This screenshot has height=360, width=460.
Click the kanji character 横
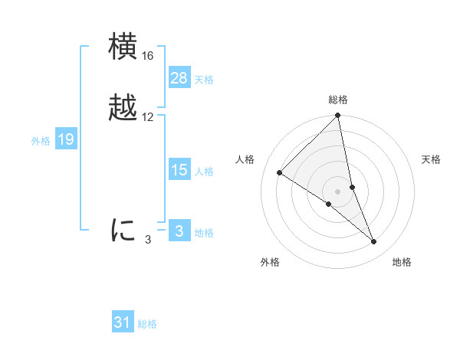(123, 47)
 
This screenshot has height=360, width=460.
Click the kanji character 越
(123, 108)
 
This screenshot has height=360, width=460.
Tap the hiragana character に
(123, 230)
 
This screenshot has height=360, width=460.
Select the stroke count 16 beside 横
(148, 56)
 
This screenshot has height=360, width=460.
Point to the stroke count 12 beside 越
(148, 117)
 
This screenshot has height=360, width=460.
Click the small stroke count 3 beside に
(148, 240)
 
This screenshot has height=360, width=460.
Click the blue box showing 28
(179, 78)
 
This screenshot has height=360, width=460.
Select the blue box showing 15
(179, 170)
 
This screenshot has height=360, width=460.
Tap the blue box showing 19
(66, 139)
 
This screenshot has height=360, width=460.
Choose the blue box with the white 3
(179, 231)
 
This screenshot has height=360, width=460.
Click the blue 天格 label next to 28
(204, 80)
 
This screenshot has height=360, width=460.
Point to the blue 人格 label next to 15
(204, 172)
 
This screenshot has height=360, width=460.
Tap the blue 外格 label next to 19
(41, 141)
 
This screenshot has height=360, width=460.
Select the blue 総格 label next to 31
(147, 324)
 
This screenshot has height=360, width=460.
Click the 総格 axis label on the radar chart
(338, 100)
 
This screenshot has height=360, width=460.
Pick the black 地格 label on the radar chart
(402, 262)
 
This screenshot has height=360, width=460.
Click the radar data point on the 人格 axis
(280, 173)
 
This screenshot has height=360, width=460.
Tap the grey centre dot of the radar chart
(338, 191)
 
